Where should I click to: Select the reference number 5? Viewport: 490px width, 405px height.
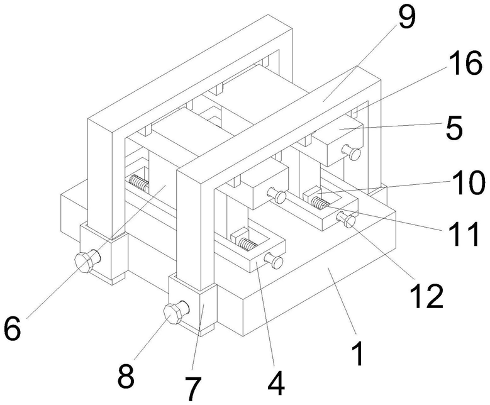(451, 129)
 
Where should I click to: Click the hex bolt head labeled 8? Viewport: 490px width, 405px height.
(174, 313)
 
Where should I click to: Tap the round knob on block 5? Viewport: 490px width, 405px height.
(355, 153)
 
